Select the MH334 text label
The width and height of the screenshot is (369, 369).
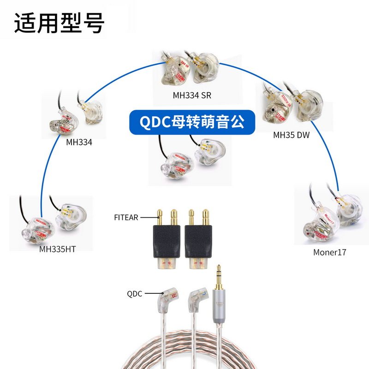(79, 142)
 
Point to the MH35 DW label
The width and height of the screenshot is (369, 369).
(292, 135)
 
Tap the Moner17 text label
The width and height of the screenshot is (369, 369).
(329, 252)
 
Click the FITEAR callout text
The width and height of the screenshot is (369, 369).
(126, 217)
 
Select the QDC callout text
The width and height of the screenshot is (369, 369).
(135, 293)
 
